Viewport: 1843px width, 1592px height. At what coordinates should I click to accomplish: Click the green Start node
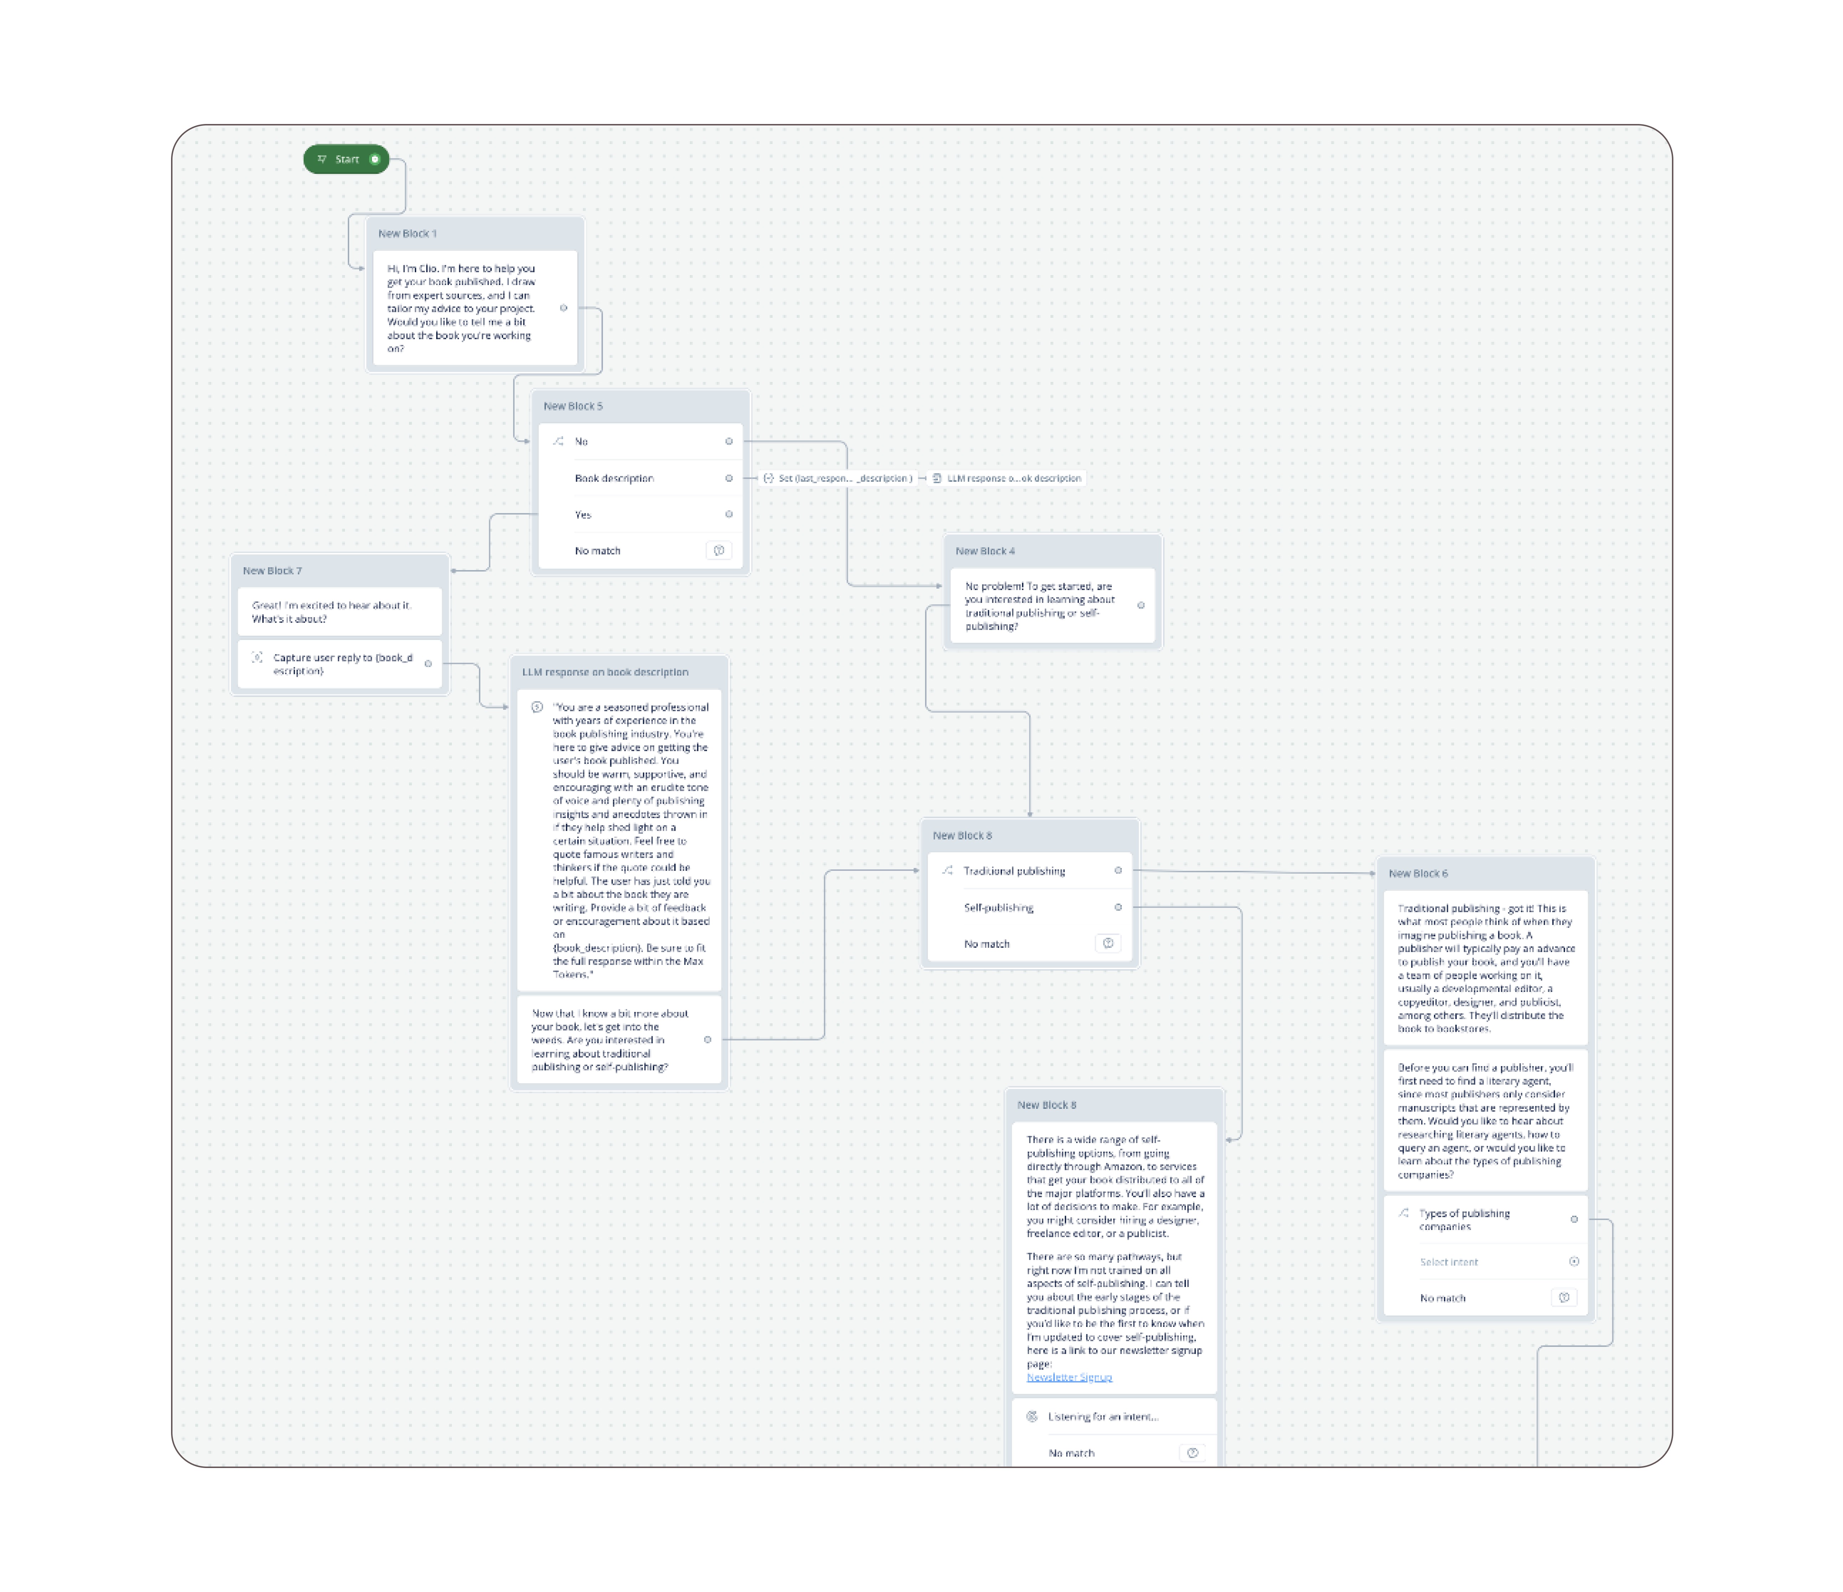pos(346,159)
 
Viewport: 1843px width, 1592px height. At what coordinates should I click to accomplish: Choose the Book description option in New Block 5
pos(614,479)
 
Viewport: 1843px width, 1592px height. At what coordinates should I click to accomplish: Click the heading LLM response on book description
pos(605,672)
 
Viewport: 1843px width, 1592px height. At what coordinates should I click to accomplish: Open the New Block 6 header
pos(1418,873)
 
